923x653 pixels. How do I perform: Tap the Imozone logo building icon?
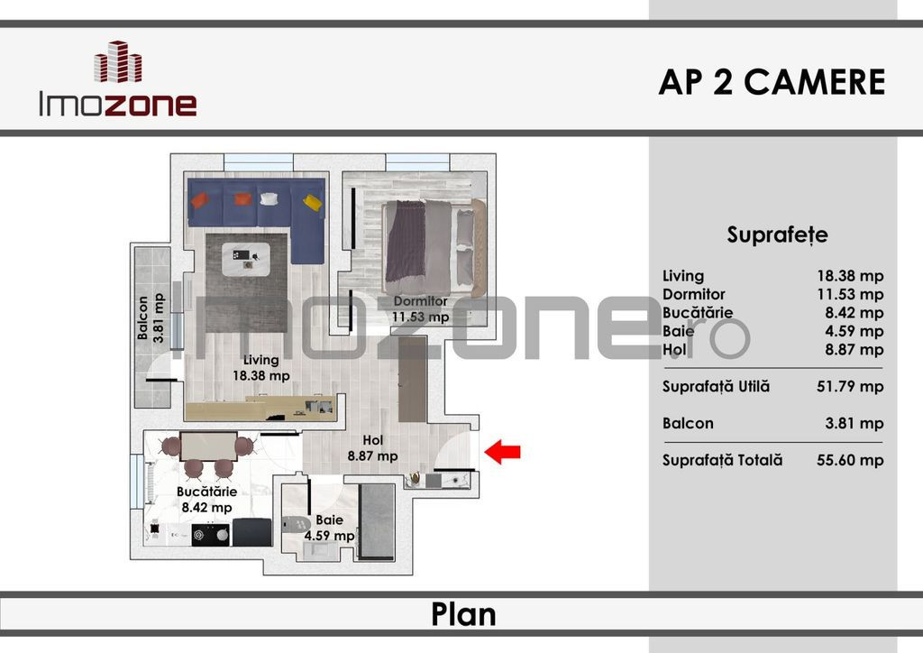point(118,62)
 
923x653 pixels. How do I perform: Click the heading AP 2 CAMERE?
point(772,82)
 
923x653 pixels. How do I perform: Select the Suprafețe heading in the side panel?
point(777,235)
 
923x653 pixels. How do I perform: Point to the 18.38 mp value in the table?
point(849,276)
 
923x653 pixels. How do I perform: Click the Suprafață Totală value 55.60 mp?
point(849,460)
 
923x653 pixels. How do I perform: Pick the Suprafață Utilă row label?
point(716,386)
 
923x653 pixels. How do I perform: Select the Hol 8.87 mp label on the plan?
point(372,448)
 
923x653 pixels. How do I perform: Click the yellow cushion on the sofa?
point(313,202)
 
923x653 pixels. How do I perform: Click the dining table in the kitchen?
point(208,446)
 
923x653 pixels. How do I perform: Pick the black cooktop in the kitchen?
point(210,533)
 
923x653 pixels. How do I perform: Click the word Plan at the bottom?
point(462,614)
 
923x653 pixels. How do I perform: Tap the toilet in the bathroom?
point(296,523)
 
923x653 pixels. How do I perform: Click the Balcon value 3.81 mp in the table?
point(849,423)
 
